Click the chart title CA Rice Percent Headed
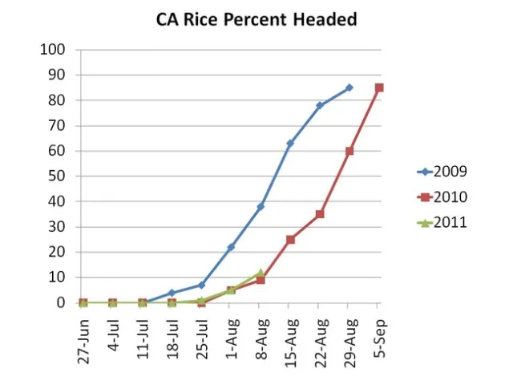pyautogui.click(x=256, y=19)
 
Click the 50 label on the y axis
pyautogui.click(x=57, y=176)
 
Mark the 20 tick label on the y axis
pyautogui.click(x=57, y=252)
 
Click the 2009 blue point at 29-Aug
pyautogui.click(x=349, y=87)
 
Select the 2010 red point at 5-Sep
pyautogui.click(x=378, y=87)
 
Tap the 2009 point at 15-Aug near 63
pyautogui.click(x=290, y=144)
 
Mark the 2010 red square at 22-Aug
pyautogui.click(x=319, y=214)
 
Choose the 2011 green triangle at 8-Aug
pyautogui.click(x=261, y=273)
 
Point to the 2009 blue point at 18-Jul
pyautogui.click(x=172, y=293)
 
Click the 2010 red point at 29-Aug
pyautogui.click(x=349, y=151)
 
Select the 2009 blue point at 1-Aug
pyautogui.click(x=231, y=247)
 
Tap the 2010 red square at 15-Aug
pyautogui.click(x=290, y=240)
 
